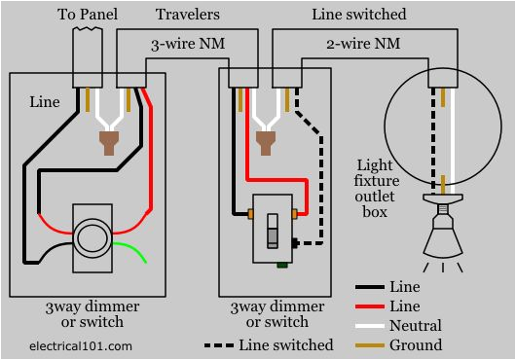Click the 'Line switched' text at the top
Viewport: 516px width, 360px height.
pos(359,16)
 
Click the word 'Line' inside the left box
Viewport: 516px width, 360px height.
pos(44,101)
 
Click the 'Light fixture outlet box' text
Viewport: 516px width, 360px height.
pos(374,189)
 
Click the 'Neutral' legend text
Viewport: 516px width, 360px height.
pos(415,326)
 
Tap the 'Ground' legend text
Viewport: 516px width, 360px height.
pos(416,343)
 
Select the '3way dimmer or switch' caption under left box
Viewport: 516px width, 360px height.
pos(92,314)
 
